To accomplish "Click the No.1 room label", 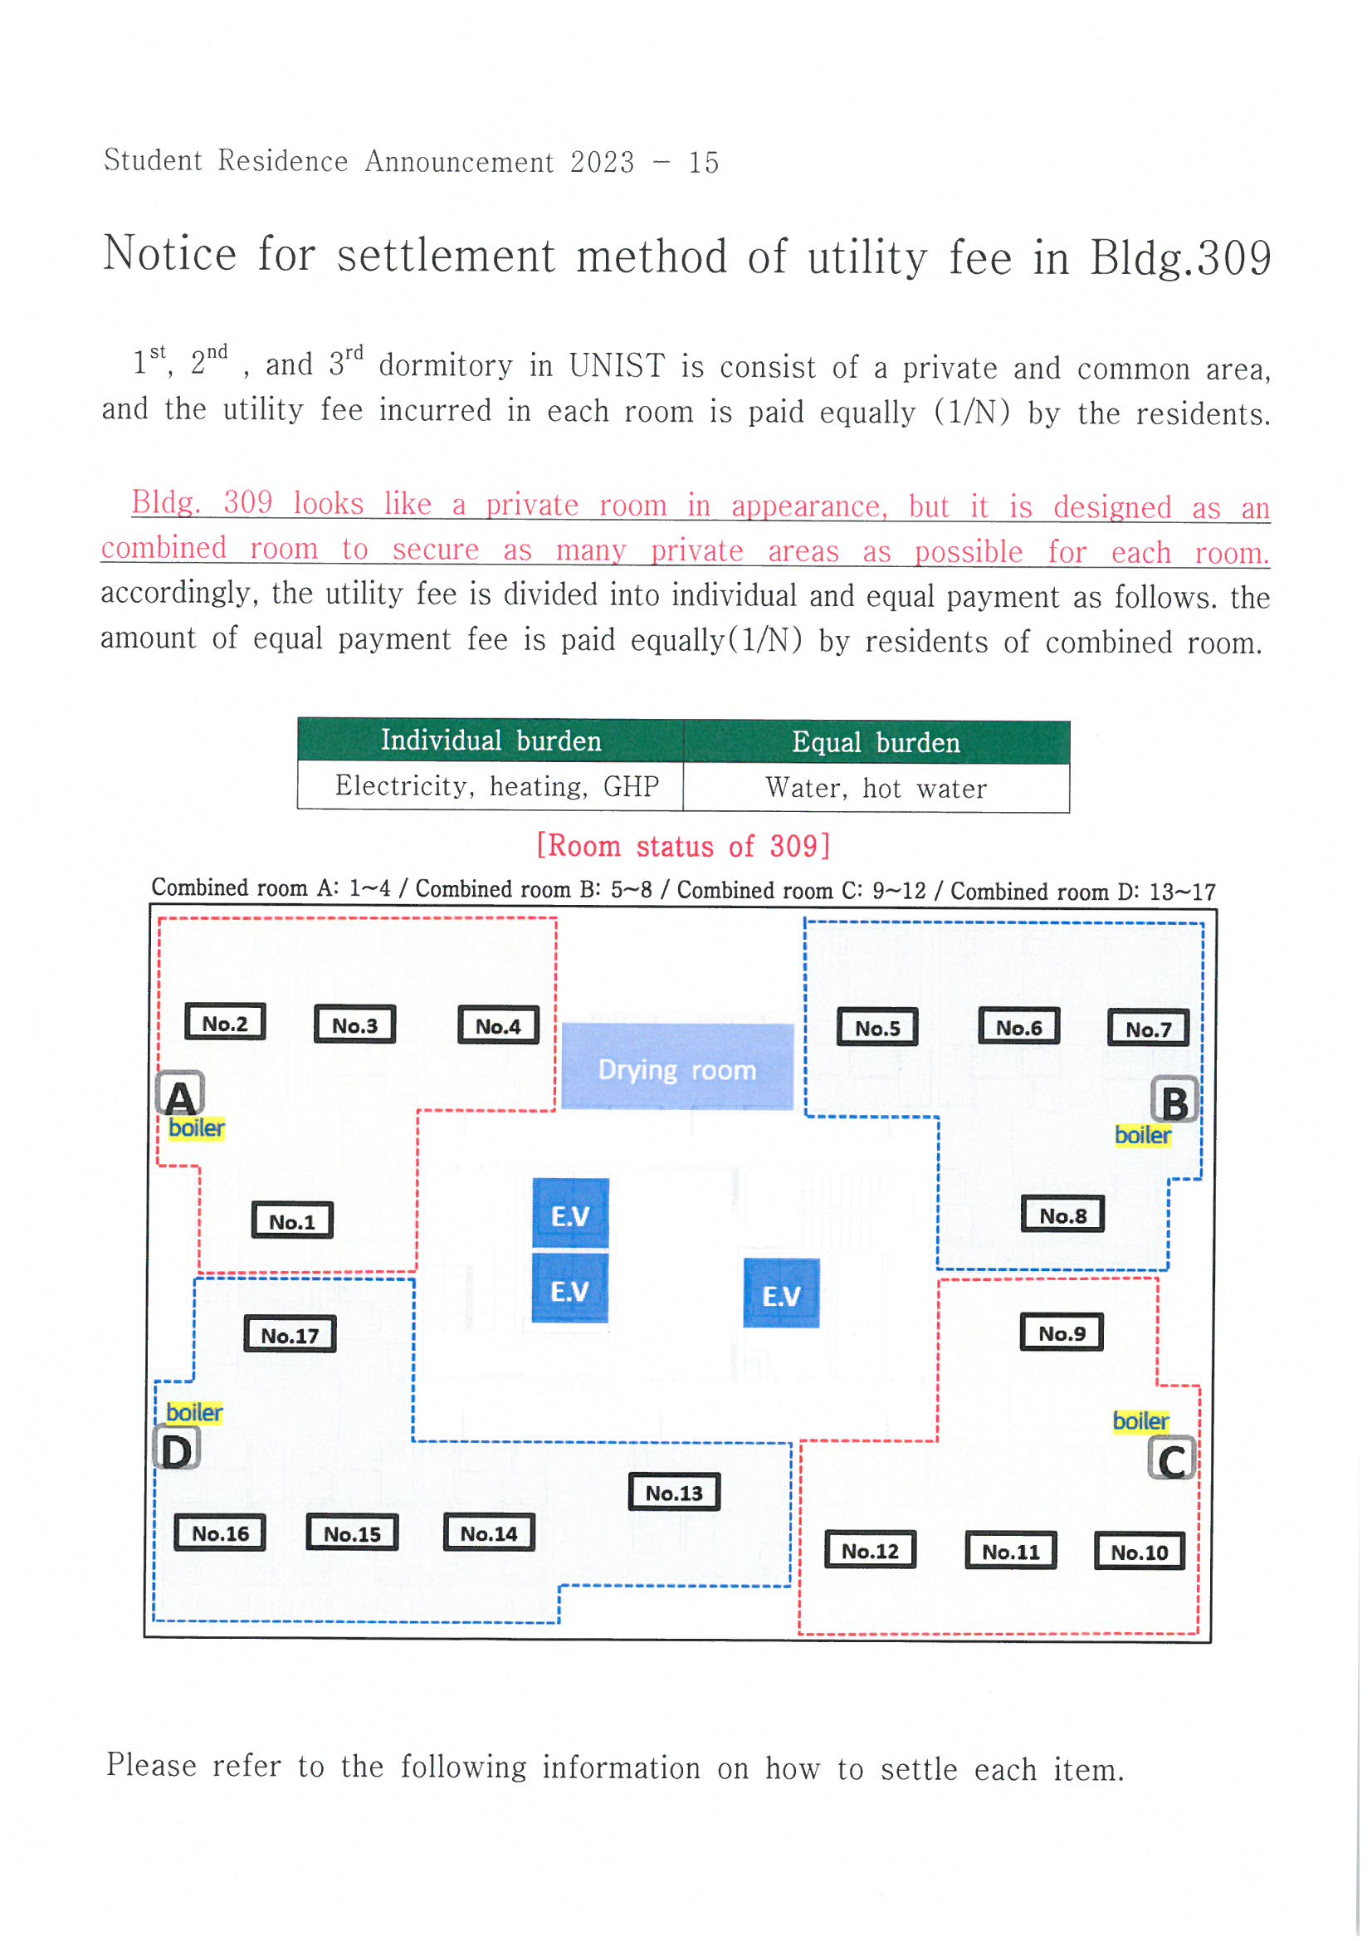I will click(291, 1220).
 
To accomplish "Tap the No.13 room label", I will click(674, 1493).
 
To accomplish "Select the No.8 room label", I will click(1062, 1215).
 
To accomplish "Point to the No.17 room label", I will click(289, 1336).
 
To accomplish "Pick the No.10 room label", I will click(1139, 1552).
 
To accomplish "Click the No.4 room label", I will click(498, 1026).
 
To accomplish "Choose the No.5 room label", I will click(877, 1028).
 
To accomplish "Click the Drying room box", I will click(677, 1068).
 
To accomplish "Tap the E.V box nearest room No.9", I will click(781, 1295).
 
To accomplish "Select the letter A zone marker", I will click(181, 1096).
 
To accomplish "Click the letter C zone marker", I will click(1172, 1460).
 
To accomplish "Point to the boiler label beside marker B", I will click(1142, 1136).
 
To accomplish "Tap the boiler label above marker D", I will click(194, 1413).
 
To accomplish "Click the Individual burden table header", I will click(491, 741).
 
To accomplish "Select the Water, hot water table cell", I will click(876, 789).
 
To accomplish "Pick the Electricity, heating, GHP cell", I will click(496, 787).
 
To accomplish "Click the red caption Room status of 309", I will click(684, 846).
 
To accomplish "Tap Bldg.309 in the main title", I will click(1180, 258).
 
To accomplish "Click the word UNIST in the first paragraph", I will click(616, 366).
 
